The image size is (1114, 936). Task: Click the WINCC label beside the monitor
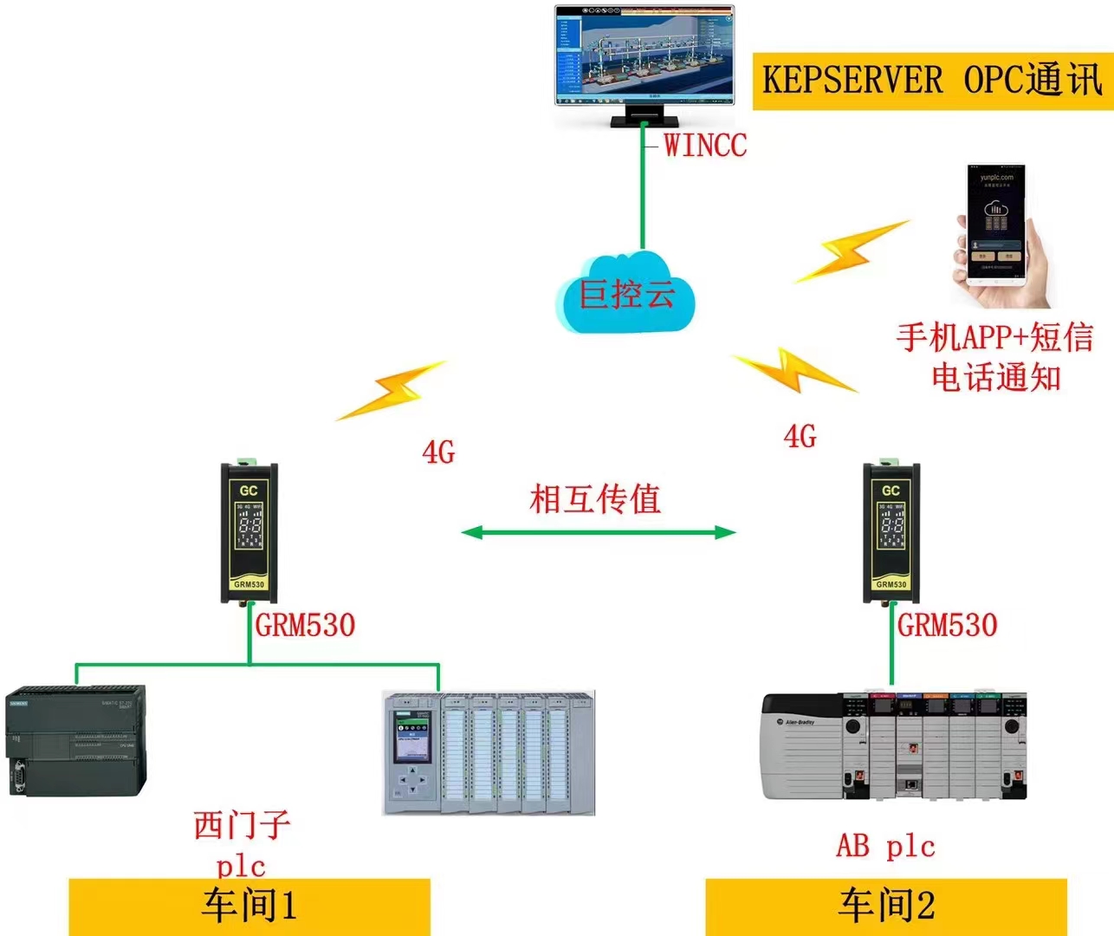coord(704,145)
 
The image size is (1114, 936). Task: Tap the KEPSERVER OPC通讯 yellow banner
coord(932,81)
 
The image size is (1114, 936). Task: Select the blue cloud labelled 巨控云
coord(625,294)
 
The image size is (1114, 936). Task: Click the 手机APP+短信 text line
coord(994,337)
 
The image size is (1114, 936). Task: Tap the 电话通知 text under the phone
coord(996,377)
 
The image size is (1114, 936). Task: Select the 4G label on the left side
coord(438,452)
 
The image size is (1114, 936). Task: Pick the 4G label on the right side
coord(800,436)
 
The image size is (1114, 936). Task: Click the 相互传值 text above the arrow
coord(595,499)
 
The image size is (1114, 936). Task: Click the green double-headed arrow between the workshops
coord(598,531)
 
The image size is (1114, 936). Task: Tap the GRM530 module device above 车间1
coord(249,532)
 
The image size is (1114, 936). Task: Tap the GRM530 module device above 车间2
coord(891,532)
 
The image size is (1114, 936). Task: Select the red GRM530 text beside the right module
coord(947,625)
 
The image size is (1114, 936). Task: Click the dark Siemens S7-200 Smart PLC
coord(75,741)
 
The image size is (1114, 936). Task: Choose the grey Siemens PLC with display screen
coord(489,752)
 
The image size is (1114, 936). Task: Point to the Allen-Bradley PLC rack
coord(893,745)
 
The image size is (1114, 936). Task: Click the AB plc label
coord(885,846)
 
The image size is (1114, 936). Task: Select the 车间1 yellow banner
coord(249,906)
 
